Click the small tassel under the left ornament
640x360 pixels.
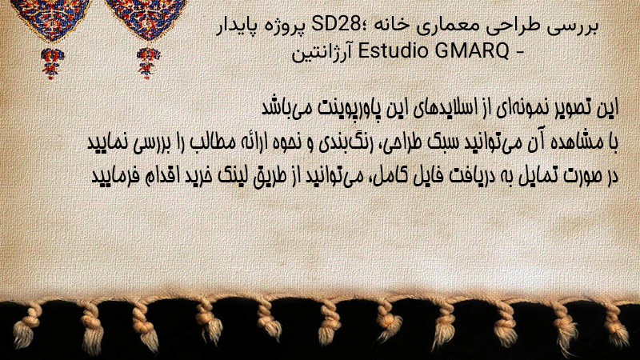[x=51, y=63]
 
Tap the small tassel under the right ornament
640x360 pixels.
[x=148, y=63]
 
